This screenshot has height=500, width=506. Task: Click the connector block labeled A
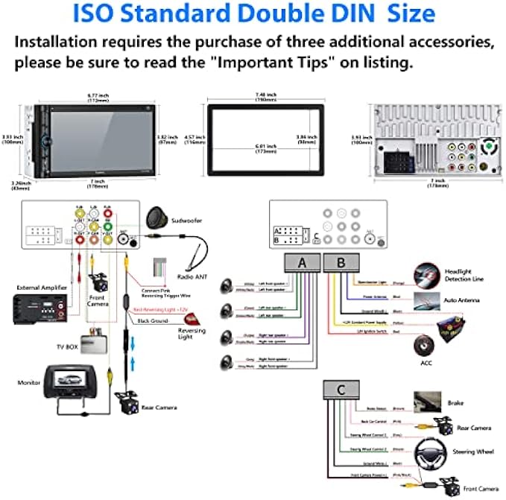point(301,262)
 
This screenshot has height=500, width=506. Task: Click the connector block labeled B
point(341,262)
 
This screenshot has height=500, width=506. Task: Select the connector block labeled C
point(341,390)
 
